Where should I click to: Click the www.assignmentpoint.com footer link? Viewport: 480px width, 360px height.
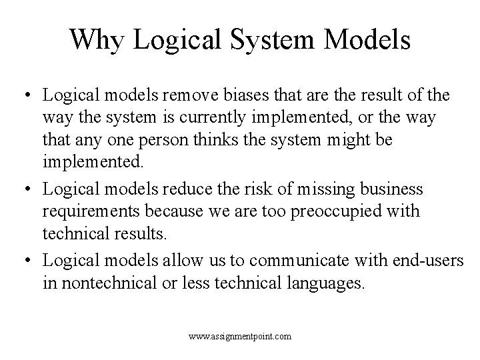click(x=239, y=337)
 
